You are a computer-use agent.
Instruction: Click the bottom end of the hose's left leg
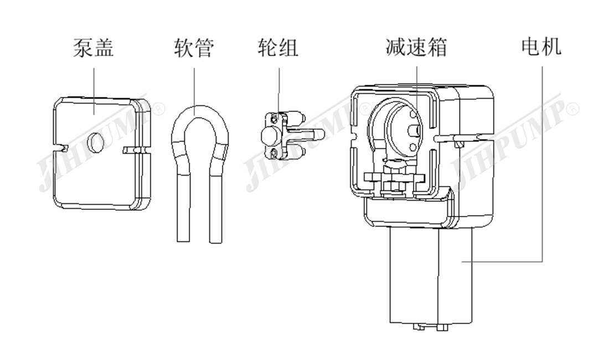pos(183,239)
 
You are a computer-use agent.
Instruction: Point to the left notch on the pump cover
pos(61,147)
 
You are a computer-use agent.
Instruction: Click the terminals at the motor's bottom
pos(431,327)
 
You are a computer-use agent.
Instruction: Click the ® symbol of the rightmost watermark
pos(573,107)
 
